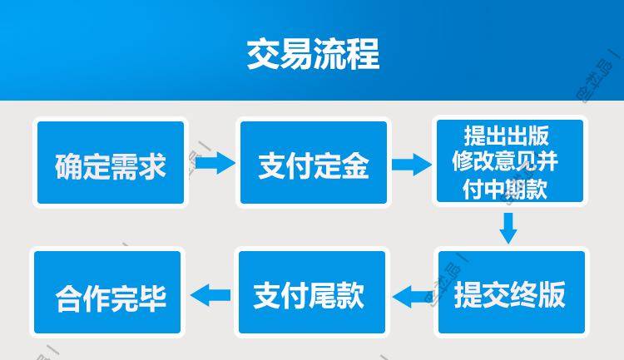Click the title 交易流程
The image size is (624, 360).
point(312,54)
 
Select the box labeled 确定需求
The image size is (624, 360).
point(109,163)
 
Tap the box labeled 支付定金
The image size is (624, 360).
point(313,163)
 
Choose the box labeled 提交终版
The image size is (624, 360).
point(509,293)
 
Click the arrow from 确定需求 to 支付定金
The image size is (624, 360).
point(214,163)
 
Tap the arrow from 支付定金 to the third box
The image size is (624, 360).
point(411,163)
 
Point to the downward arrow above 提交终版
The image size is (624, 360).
point(508,227)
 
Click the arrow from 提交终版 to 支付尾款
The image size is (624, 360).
point(411,294)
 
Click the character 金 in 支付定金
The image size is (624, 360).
point(355,166)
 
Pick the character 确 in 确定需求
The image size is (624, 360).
point(69,166)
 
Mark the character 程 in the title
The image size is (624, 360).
point(362,54)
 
